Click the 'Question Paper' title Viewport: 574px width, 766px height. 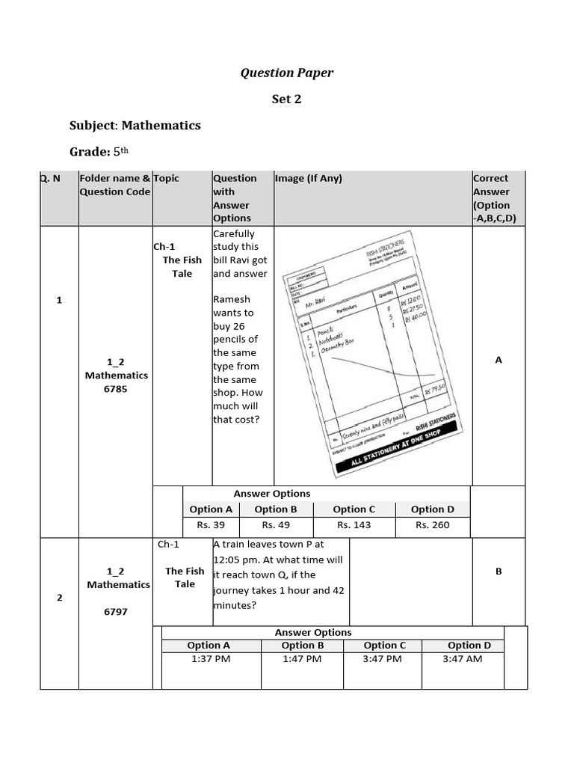tap(286, 73)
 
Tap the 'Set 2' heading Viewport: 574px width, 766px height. tap(286, 99)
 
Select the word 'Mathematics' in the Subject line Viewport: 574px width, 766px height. tap(161, 125)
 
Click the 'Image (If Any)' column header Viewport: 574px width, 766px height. tap(308, 179)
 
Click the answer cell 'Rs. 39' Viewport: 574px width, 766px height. tap(211, 525)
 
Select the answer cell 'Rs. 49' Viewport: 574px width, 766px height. tap(276, 525)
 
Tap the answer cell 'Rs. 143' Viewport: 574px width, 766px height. tap(354, 525)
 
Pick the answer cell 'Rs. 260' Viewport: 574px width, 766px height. tap(432, 525)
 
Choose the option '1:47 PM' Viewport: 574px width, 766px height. tap(302, 659)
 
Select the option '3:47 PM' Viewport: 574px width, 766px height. tap(383, 659)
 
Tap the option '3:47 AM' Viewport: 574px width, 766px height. tap(463, 659)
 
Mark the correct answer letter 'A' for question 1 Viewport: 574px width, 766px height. tap(499, 361)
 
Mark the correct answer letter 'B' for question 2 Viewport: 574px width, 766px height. tap(499, 572)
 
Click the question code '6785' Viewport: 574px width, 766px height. tap(116, 389)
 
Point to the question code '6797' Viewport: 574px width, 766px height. tap(116, 612)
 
